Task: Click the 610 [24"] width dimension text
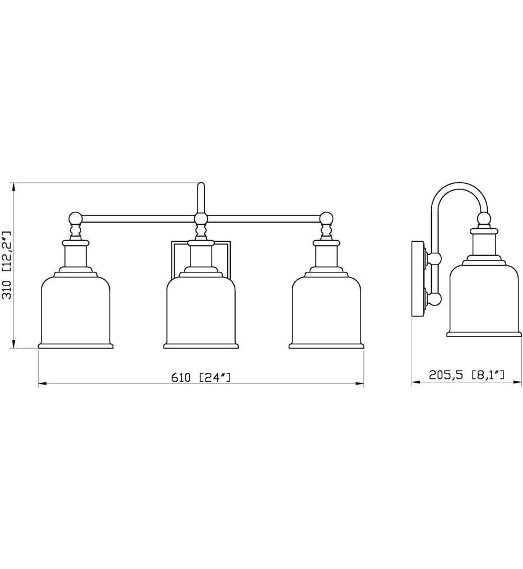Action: coord(201,377)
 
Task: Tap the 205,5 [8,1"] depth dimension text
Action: coord(466,374)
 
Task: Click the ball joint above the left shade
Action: coord(76,219)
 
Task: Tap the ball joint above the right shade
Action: coord(326,219)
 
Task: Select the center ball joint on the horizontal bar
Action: coord(201,219)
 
